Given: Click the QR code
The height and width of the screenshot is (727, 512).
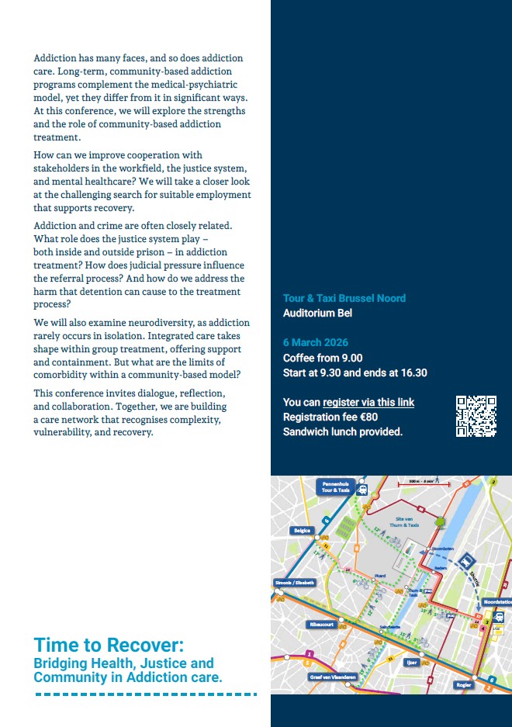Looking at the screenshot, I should click(x=476, y=417).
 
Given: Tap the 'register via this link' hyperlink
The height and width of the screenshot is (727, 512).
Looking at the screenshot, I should click(x=368, y=403).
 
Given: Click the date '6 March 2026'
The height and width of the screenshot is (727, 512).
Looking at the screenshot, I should click(x=316, y=343).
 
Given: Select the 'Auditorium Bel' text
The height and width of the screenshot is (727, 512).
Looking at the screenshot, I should click(x=317, y=313).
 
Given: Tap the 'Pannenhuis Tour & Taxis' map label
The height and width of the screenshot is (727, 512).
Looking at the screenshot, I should click(x=335, y=486).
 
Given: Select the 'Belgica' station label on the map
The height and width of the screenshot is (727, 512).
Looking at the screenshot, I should click(x=302, y=531).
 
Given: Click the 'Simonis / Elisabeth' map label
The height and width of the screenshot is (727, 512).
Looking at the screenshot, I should click(x=294, y=583).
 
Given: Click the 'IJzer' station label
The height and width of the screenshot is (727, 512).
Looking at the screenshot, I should click(x=412, y=663).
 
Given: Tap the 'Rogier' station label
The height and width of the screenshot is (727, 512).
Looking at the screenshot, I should click(x=464, y=684).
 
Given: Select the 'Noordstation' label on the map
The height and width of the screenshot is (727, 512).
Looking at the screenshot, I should click(x=496, y=602).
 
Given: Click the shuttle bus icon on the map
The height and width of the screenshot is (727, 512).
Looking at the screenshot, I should click(x=467, y=560).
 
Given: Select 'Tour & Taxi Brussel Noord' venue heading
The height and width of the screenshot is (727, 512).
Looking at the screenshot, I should click(x=344, y=299).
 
